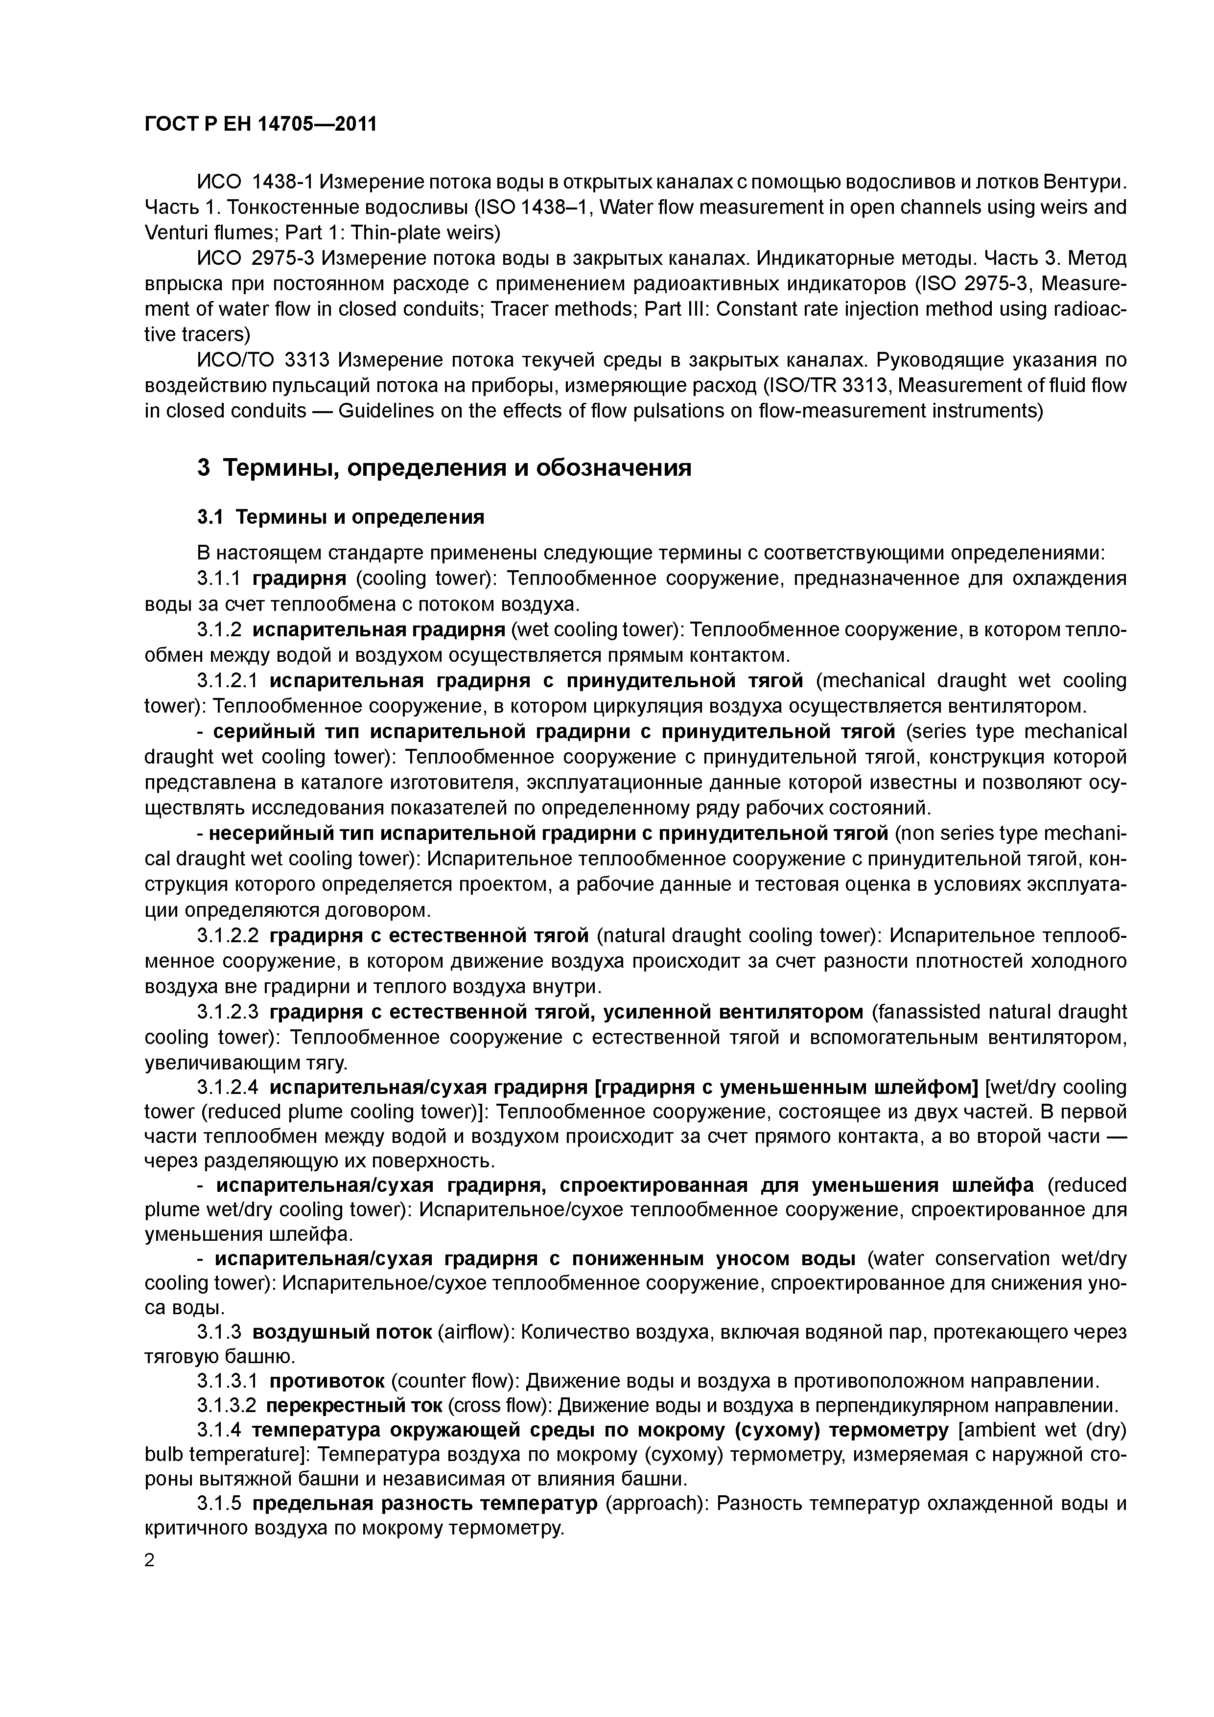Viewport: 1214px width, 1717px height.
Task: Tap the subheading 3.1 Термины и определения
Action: pos(340,517)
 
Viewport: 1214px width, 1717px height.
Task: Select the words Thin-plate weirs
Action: pos(422,232)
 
